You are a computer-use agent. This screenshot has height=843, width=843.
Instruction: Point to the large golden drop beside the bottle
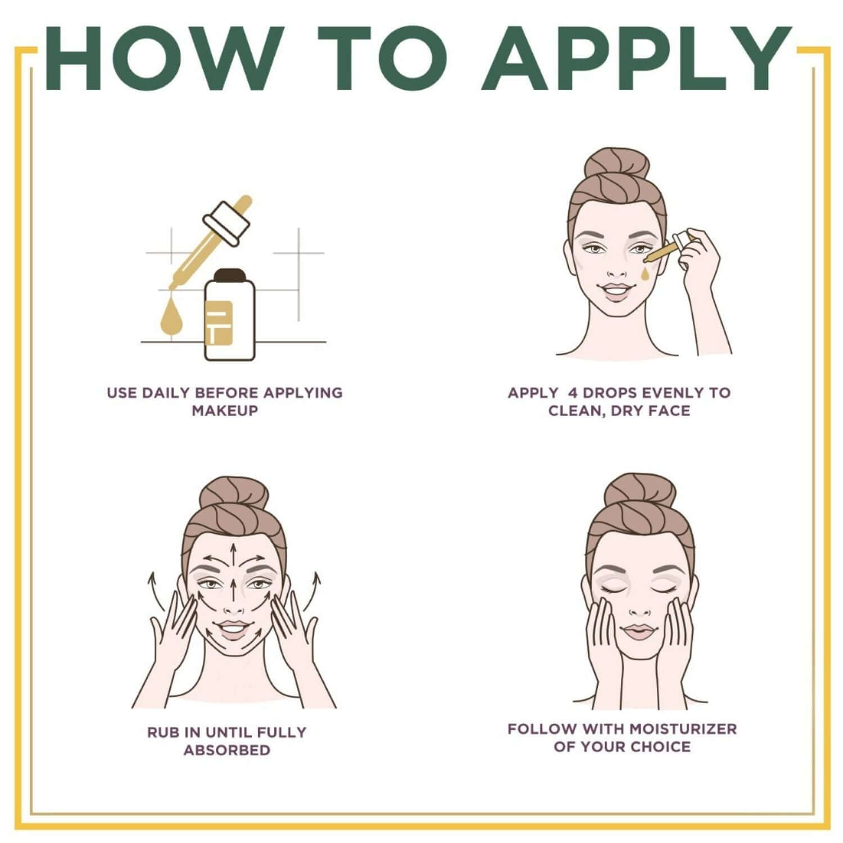pos(170,317)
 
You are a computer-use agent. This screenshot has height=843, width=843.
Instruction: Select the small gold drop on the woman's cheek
pos(645,273)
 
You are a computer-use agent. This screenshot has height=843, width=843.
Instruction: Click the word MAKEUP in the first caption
pos(225,410)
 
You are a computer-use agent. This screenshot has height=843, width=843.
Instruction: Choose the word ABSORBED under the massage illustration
pos(226,750)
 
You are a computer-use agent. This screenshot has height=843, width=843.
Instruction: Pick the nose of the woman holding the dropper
pos(617,271)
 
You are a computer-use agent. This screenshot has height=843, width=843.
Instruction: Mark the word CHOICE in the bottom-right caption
pos(661,747)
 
